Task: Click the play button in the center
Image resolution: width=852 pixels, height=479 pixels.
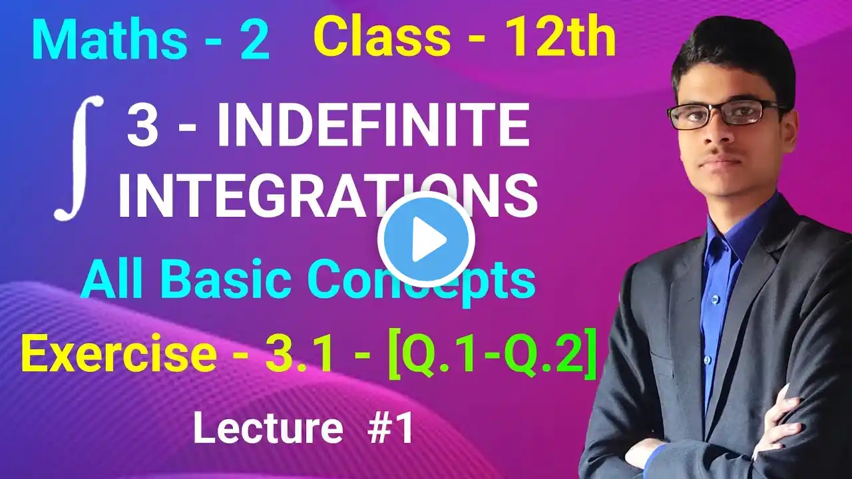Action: tap(426, 239)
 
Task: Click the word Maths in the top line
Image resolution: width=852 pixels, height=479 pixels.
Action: tap(110, 41)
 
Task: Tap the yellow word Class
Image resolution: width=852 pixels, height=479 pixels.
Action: tap(382, 37)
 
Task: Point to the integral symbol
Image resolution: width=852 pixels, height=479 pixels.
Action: tap(78, 158)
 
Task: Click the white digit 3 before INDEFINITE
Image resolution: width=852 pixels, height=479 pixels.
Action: tap(142, 126)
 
